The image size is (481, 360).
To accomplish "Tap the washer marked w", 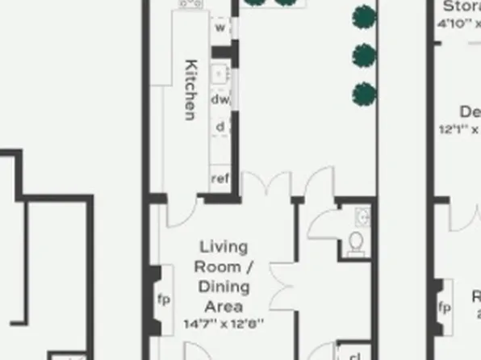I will pyautogui.click(x=219, y=27).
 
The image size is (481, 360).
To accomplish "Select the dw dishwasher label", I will pyautogui.click(x=220, y=99).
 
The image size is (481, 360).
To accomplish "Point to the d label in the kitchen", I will pyautogui.click(x=220, y=127).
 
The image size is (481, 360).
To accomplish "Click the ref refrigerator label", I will pyautogui.click(x=220, y=178).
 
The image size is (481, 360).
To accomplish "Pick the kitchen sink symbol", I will pyautogui.click(x=219, y=73).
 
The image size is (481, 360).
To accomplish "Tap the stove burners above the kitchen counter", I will pyautogui.click(x=191, y=4).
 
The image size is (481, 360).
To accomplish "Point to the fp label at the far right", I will pyautogui.click(x=444, y=308).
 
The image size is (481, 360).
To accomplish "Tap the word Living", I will pyautogui.click(x=224, y=247).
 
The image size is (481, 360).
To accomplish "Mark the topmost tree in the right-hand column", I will pyautogui.click(x=365, y=16).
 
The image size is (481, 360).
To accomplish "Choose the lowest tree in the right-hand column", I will pyautogui.click(x=365, y=93).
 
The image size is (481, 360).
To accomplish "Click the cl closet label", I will pyautogui.click(x=354, y=355).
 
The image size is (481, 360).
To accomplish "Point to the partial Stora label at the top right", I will pyautogui.click(x=461, y=6).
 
